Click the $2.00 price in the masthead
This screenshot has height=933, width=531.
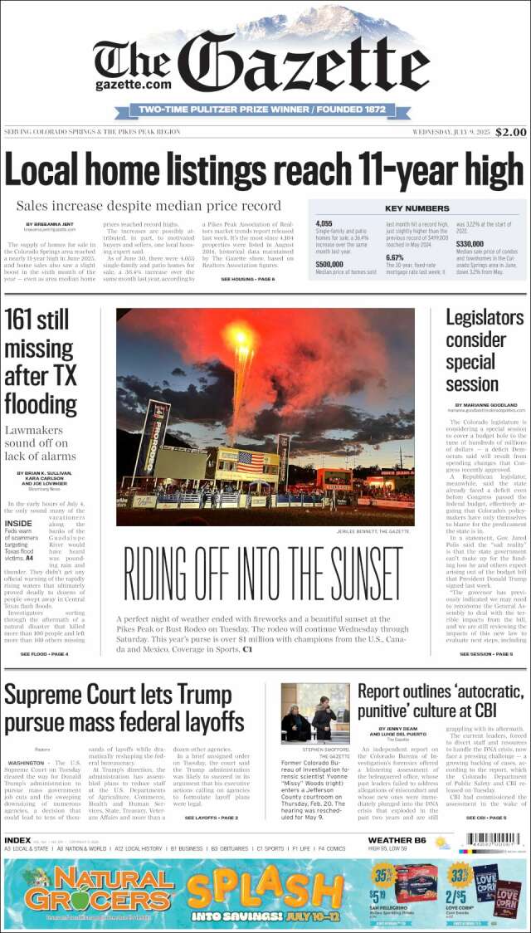click(x=511, y=132)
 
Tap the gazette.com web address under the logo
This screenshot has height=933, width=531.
click(x=133, y=84)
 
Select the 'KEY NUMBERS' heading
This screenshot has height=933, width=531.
click(x=417, y=208)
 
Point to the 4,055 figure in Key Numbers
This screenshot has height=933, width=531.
click(x=324, y=224)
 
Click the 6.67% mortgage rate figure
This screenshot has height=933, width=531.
click(x=395, y=257)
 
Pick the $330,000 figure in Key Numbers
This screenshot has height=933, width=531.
click(x=470, y=244)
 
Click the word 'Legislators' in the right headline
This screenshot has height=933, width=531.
click(x=485, y=317)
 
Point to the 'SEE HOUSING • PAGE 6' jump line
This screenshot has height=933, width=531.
click(x=247, y=279)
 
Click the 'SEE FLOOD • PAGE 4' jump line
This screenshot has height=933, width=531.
click(x=44, y=654)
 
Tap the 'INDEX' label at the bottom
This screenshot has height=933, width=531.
click(x=18, y=840)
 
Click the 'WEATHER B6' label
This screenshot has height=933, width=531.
click(x=397, y=840)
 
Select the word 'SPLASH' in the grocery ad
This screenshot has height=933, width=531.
click(x=265, y=889)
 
